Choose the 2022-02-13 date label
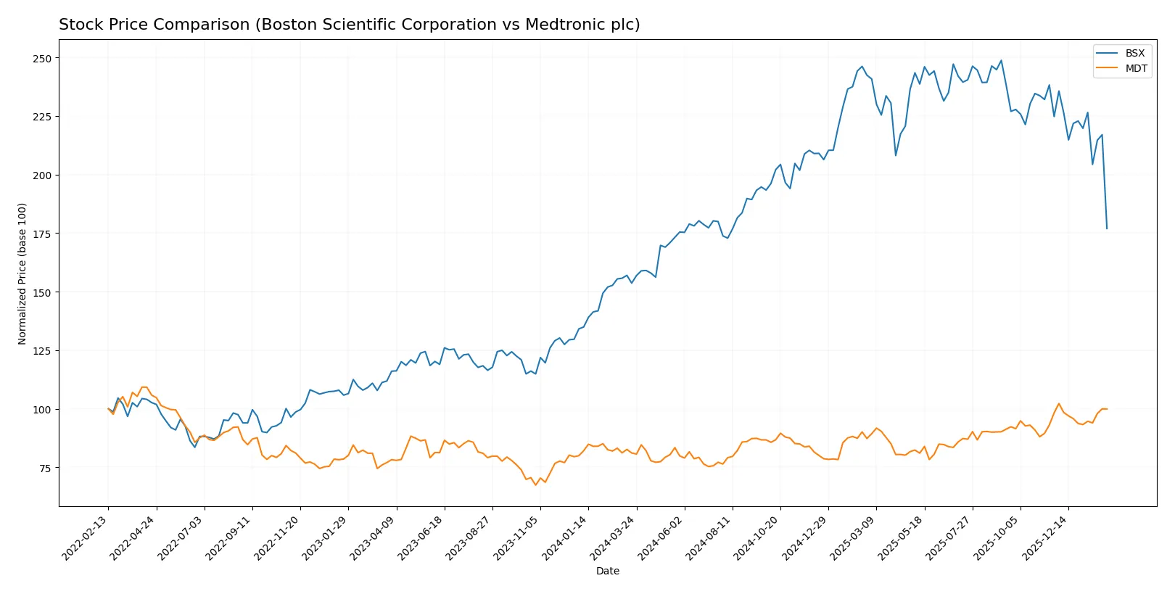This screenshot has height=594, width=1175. pyautogui.click(x=85, y=538)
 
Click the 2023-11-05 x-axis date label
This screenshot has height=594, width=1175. pyautogui.click(x=517, y=538)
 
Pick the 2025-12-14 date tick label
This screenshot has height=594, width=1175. pyautogui.click(x=1045, y=538)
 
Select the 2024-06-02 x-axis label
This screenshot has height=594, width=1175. pyautogui.click(x=661, y=538)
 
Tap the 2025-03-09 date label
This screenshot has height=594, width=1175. pyautogui.click(x=853, y=538)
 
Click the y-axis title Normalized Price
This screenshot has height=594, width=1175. pyautogui.click(x=22, y=273)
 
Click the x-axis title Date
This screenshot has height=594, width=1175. pyautogui.click(x=607, y=571)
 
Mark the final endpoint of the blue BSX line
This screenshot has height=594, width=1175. pyautogui.click(x=1107, y=228)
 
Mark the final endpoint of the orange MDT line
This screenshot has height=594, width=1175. pyautogui.click(x=1107, y=409)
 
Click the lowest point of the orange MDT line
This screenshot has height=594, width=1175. pyautogui.click(x=535, y=484)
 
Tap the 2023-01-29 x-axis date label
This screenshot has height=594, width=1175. pyautogui.click(x=325, y=538)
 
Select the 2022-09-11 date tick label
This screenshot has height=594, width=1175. pyautogui.click(x=229, y=538)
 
